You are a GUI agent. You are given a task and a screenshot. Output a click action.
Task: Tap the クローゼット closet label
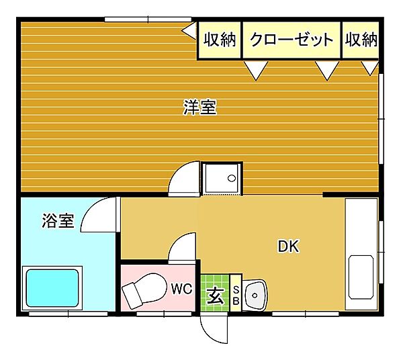pos(292,40)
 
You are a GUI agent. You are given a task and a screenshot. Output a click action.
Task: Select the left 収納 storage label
pos(220,40)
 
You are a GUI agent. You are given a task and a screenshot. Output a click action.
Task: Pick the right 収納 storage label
pos(361,40)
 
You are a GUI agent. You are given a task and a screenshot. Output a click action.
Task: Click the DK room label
pos(289,246)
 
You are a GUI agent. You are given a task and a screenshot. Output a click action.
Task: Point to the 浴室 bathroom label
pos(57,221)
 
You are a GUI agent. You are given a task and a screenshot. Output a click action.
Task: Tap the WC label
pos(181,289)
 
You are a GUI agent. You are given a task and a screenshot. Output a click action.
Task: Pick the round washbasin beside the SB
pos(256,293)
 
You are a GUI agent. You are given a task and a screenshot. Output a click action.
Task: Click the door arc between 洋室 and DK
pos(183,179)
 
